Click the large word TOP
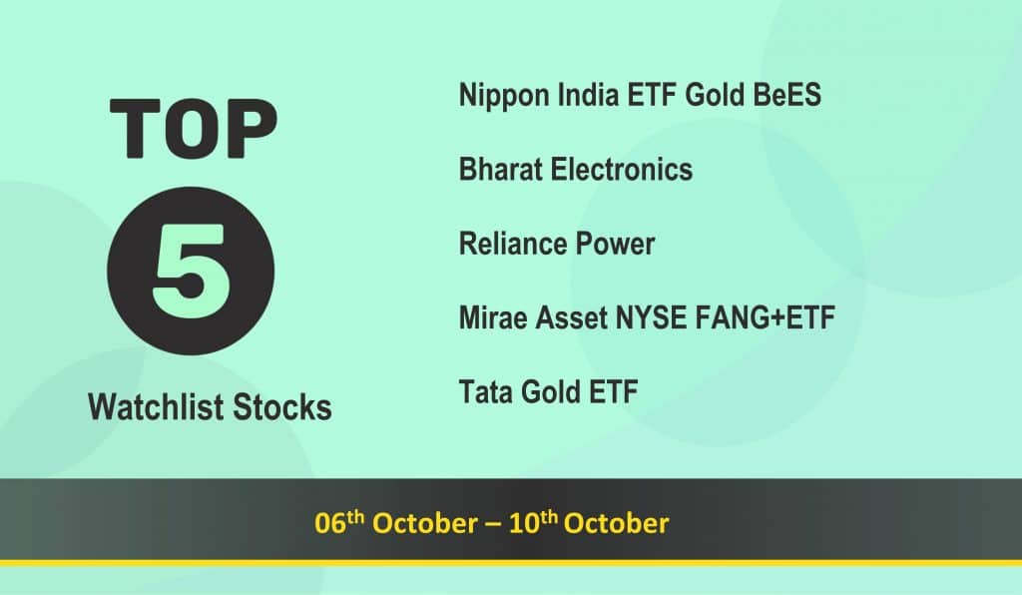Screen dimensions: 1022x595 tap(194, 129)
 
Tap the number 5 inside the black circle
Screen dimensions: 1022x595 tap(191, 272)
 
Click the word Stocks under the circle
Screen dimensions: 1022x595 tap(282, 407)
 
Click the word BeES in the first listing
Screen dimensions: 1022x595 tap(786, 95)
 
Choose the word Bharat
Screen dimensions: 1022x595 tap(501, 170)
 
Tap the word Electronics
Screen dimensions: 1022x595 tap(621, 170)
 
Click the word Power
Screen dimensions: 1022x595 tap(615, 244)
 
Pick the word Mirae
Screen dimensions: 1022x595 tap(493, 318)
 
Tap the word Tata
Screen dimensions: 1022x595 tap(486, 392)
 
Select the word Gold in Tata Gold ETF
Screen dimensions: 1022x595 tap(551, 392)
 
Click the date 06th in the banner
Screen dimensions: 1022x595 tap(339, 522)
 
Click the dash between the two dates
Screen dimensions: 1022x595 tap(493, 524)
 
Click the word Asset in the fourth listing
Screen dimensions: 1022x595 tap(571, 318)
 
